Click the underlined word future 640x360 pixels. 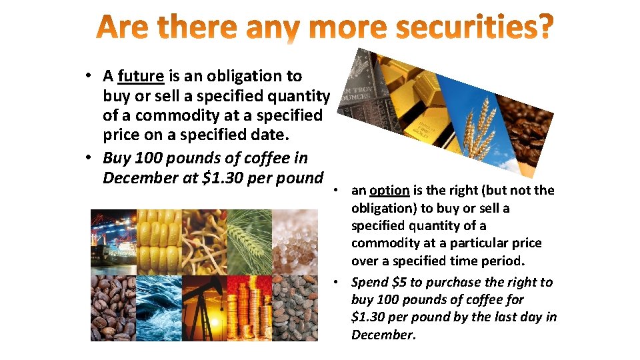click(x=140, y=77)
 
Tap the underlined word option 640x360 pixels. click(x=389, y=191)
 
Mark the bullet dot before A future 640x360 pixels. click(x=89, y=75)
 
